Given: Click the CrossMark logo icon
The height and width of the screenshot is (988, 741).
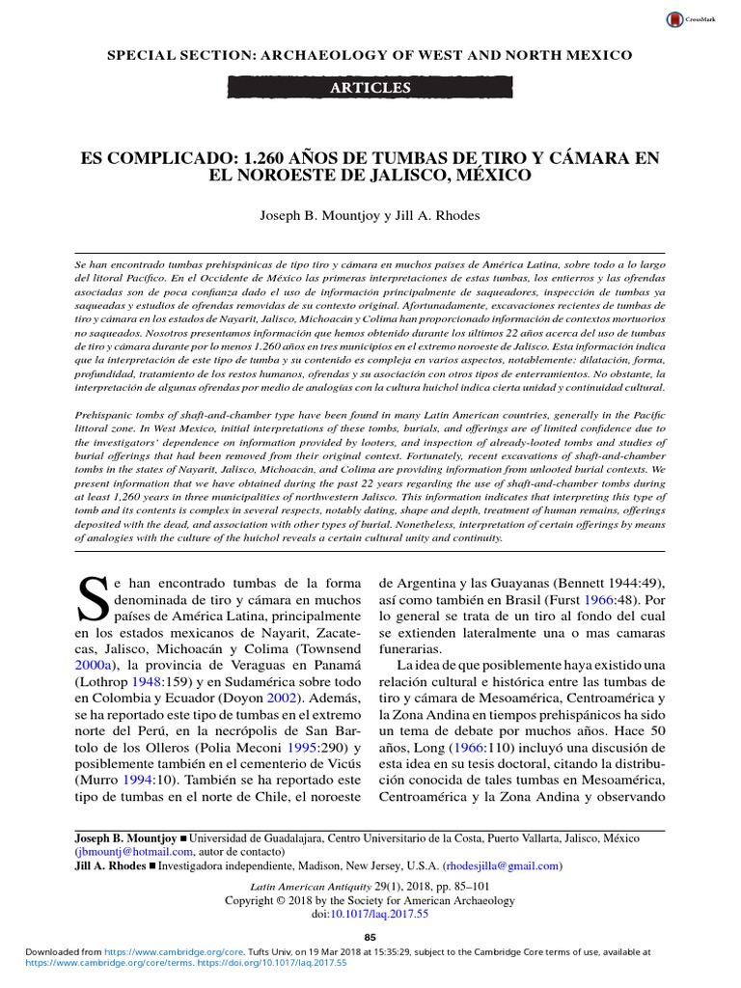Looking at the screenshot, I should [673, 19].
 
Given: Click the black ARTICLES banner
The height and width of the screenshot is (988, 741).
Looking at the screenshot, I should [370, 88].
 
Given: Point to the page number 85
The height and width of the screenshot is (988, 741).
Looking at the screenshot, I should [370, 937].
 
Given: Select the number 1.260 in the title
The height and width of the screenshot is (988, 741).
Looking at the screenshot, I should [268, 157].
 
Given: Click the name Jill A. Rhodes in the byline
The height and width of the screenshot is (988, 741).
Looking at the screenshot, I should [438, 217].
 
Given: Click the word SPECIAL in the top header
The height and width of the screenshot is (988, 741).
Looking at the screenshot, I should [144, 55].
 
